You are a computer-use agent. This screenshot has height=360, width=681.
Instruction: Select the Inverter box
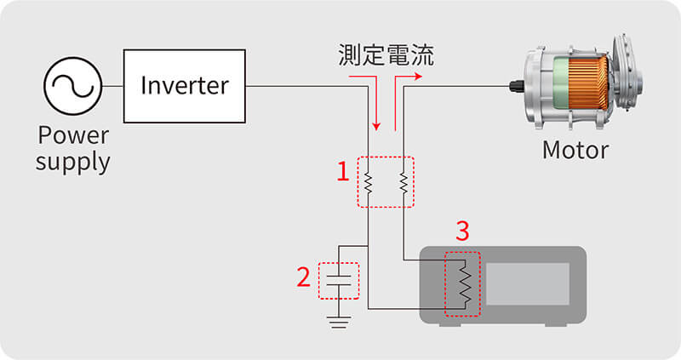pos(184,86)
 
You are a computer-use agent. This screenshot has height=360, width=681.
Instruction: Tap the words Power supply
pos(72,149)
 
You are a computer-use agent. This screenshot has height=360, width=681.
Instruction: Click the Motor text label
pos(575,151)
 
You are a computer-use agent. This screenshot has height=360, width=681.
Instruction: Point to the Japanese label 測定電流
pos(385,57)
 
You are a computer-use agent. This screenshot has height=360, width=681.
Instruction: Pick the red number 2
pos(303,277)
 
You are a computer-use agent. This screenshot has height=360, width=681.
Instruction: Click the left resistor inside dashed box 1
pos(368,182)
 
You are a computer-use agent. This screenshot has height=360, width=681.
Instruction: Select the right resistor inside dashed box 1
pos(402,182)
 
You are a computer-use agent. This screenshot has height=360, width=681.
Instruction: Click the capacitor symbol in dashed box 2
pos(339,281)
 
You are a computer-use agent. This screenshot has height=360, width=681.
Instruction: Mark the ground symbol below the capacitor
pos(339,321)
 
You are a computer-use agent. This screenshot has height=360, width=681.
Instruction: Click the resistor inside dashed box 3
pos(462,283)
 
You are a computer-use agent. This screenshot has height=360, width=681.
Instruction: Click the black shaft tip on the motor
pos(516,86)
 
